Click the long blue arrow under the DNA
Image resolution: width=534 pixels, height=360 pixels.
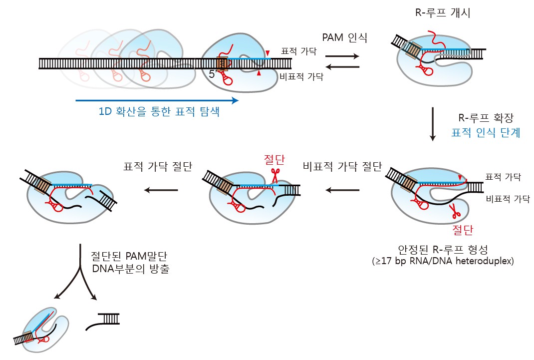point(157,100)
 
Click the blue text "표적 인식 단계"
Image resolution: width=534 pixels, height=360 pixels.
point(485,133)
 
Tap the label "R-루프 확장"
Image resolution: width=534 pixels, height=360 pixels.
point(485,118)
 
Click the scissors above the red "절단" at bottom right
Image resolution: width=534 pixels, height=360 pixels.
point(455,212)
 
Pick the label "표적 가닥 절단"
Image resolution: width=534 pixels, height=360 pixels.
point(158,167)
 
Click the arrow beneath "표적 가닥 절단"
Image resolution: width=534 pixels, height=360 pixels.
point(161,190)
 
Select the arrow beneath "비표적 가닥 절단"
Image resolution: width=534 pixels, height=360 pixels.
point(342,190)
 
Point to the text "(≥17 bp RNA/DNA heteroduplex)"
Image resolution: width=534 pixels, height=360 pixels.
point(442,261)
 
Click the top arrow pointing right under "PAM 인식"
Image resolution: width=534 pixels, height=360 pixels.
point(342,56)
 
